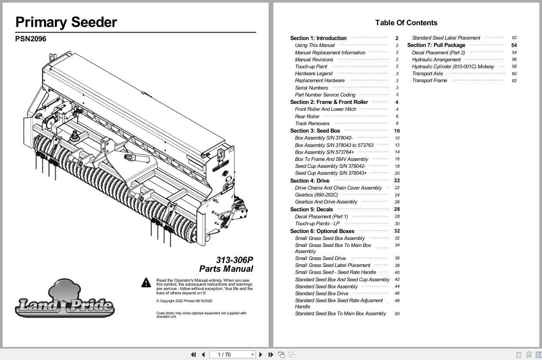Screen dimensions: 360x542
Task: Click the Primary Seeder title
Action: tap(66, 22)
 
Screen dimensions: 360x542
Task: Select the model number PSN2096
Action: tap(30, 39)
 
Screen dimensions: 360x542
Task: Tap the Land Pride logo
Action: tap(64, 300)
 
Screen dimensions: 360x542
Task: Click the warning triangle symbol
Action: tap(146, 283)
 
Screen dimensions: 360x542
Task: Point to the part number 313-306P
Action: tap(234, 260)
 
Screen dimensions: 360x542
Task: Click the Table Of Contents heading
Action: tap(406, 23)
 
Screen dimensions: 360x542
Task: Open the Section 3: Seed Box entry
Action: tap(315, 131)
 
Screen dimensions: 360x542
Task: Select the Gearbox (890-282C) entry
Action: tap(316, 195)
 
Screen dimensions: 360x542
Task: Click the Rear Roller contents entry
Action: tap(307, 117)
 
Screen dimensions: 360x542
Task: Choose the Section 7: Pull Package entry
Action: tap(436, 45)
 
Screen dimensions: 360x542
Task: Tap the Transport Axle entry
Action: tap(428, 73)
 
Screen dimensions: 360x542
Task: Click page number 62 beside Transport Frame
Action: tap(514, 81)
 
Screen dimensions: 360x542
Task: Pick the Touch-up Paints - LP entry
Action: tap(317, 223)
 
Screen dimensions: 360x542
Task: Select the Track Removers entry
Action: tap(312, 123)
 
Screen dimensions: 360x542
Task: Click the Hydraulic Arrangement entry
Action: tap(436, 60)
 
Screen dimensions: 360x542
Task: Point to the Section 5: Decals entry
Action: tap(311, 210)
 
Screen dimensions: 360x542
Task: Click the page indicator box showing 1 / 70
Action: tap(232, 355)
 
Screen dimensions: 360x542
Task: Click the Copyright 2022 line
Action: tap(184, 301)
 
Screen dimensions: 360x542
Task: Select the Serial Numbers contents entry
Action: tap(311, 88)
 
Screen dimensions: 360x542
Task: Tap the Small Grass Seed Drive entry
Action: tap(320, 258)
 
